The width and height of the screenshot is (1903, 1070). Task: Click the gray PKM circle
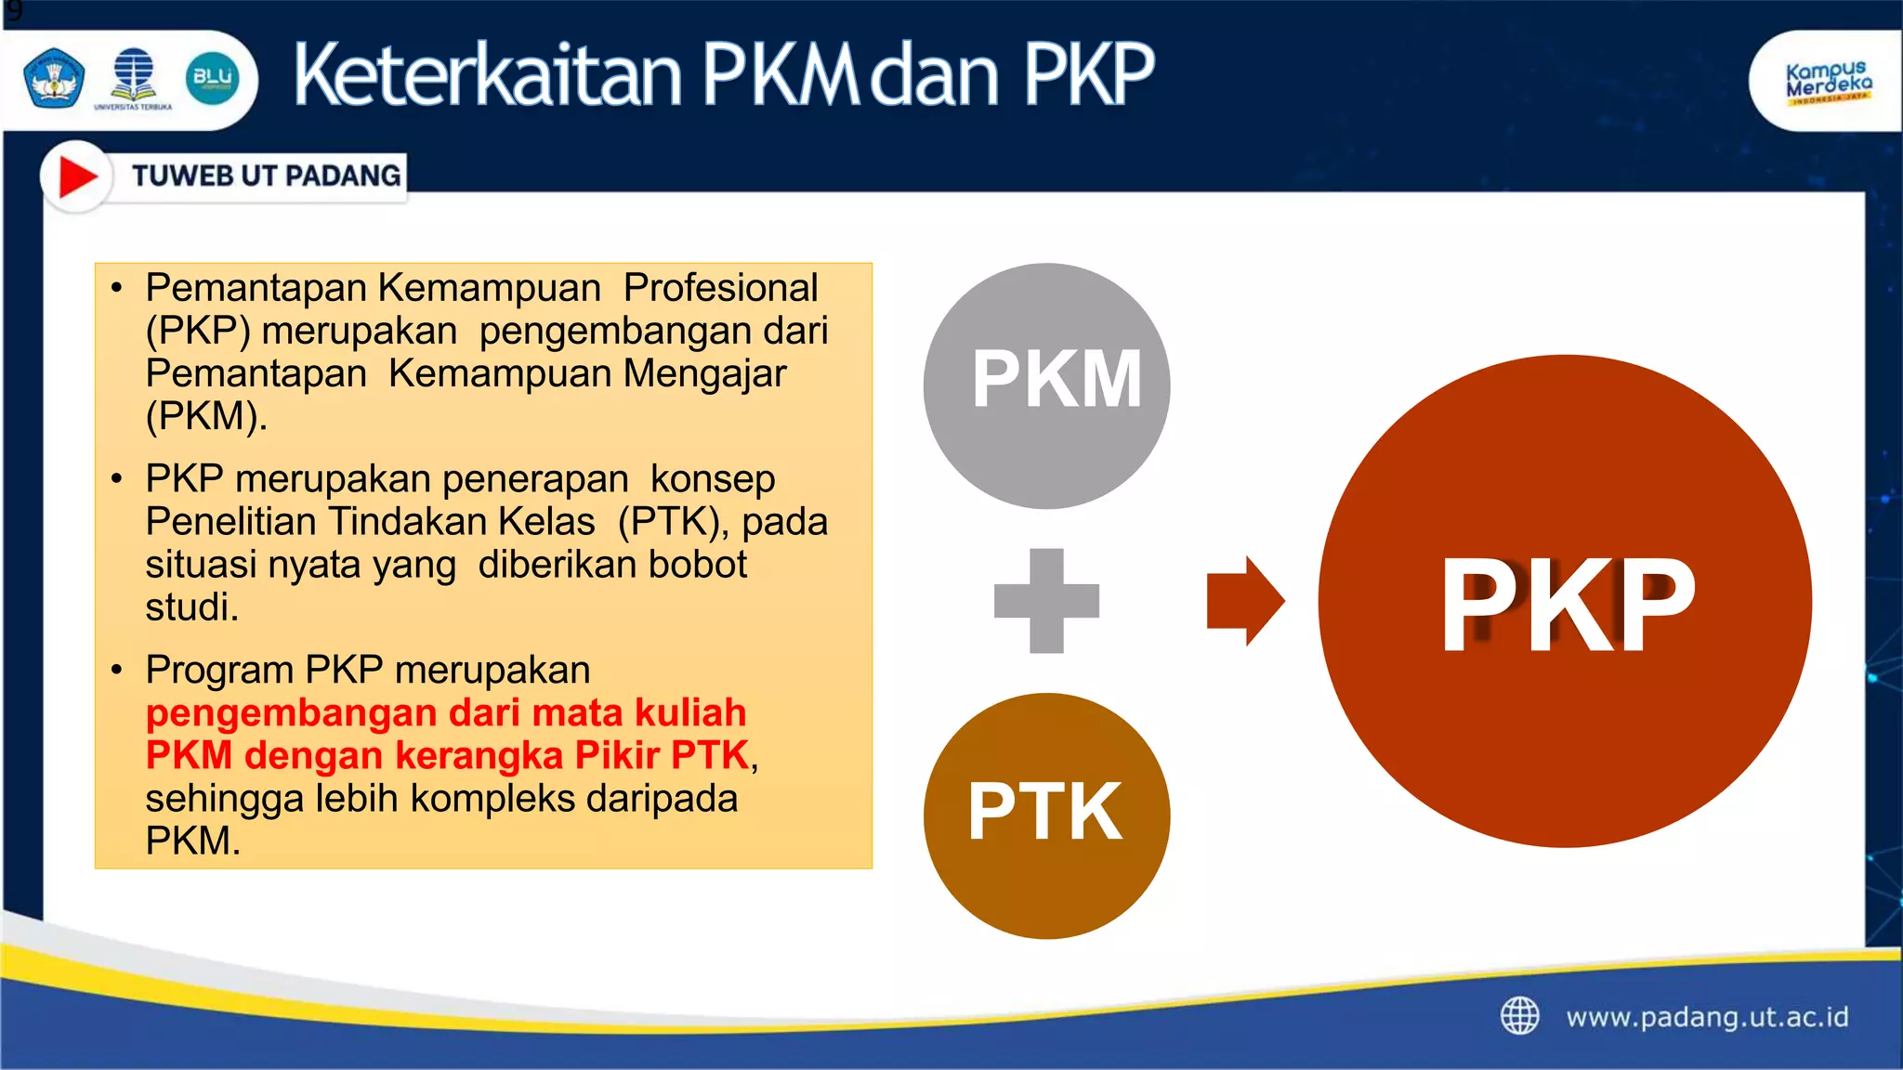point(1046,385)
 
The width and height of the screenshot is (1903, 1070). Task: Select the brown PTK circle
point(1046,816)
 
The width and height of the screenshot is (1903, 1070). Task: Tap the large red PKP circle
point(1565,601)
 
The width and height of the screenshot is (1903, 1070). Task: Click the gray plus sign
point(1046,601)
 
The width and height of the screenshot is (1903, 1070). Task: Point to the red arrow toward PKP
point(1244,601)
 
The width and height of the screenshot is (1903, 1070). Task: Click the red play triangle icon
point(77,176)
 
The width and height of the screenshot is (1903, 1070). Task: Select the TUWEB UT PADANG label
point(266,176)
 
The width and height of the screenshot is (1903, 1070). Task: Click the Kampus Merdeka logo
point(1828,82)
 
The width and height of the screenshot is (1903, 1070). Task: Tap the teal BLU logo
point(213,79)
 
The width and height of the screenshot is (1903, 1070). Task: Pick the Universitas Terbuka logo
point(134,79)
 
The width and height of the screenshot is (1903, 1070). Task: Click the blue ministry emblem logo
point(54,78)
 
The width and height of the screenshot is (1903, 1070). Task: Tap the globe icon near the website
point(1520,1016)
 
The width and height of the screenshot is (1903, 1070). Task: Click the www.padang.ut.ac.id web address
point(1707,1017)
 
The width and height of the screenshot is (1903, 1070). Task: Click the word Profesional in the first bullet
point(720,288)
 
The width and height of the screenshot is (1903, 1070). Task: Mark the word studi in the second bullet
point(191,607)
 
